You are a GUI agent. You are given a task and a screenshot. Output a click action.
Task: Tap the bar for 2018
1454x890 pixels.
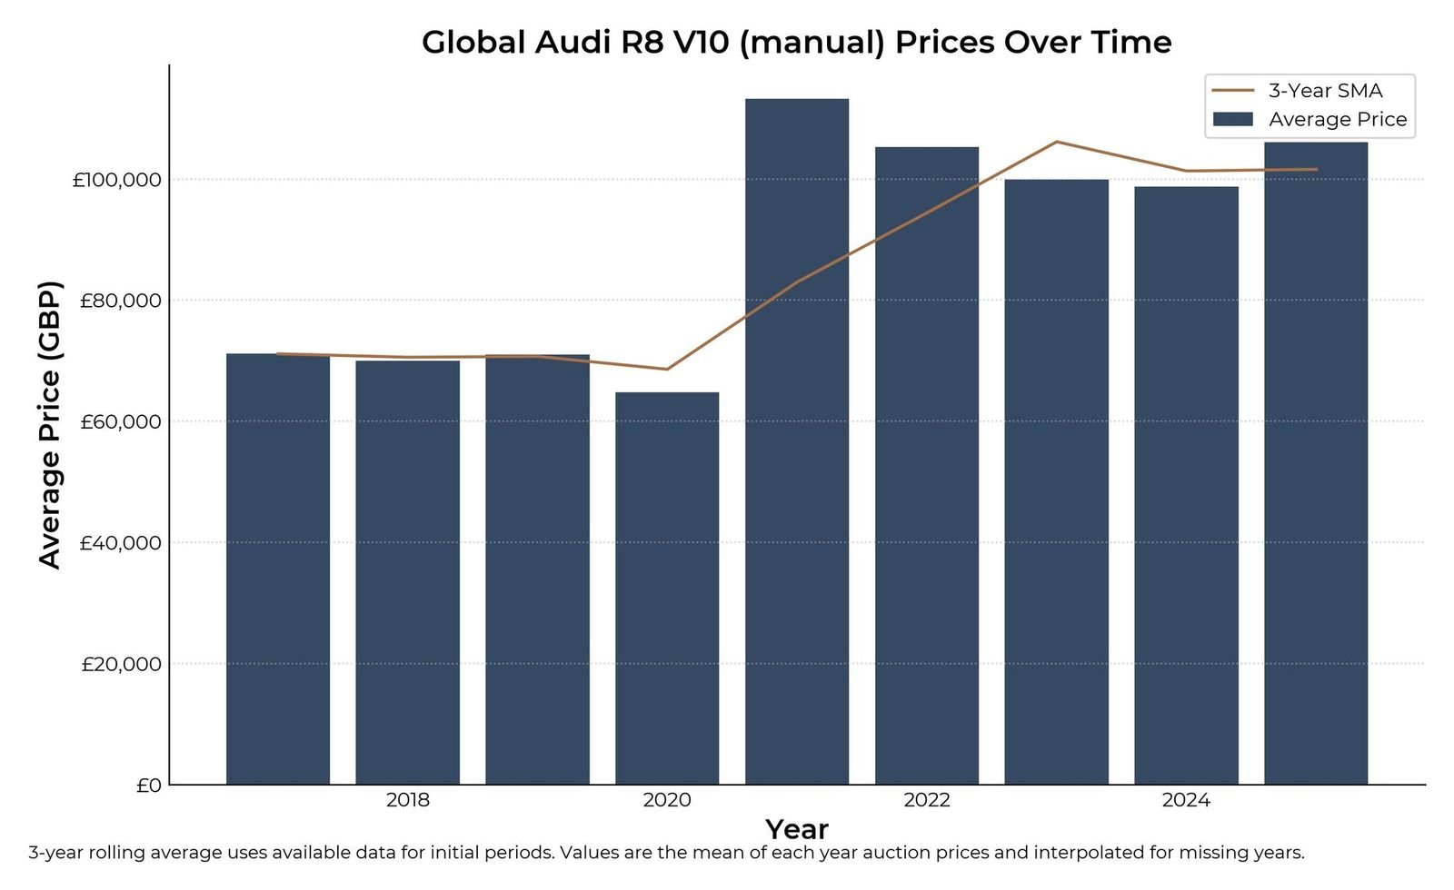coord(407,572)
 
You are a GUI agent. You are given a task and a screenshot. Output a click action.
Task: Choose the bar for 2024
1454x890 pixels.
coord(1186,485)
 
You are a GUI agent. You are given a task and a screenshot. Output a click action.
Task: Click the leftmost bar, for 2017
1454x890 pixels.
coord(277,569)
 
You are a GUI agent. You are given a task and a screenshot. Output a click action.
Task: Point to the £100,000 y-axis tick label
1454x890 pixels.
coord(117,180)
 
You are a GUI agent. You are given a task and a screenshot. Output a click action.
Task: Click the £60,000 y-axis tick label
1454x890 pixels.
coord(121,421)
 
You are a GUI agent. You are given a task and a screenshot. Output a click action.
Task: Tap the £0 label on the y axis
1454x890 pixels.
coord(148,786)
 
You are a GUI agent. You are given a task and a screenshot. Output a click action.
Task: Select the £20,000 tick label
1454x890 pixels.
coord(121,664)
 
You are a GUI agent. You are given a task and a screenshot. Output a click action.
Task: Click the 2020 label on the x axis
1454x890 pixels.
coord(667,800)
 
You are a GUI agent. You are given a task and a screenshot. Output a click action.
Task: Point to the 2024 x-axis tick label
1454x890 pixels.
coord(1186,800)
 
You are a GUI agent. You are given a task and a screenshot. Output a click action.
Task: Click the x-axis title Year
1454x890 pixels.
coord(797,829)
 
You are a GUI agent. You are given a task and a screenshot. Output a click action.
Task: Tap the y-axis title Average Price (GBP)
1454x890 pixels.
coord(49,425)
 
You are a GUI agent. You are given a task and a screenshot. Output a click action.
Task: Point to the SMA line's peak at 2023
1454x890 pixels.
coord(1056,142)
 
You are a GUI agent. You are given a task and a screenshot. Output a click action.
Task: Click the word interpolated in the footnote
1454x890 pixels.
coord(1085,853)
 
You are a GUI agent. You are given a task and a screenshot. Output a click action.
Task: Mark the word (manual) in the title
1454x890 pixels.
coord(812,42)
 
